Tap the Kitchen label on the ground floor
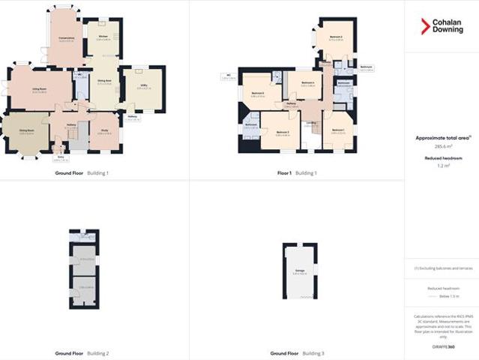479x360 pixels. pos(103,36)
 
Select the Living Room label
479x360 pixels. pos(40,88)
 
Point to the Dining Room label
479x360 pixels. pos(28,130)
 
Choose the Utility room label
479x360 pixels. pos(142,85)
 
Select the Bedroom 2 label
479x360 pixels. pos(335,37)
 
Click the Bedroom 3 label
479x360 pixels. pos(283,132)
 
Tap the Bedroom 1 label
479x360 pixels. pos(337,130)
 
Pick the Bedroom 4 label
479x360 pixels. pos(307,83)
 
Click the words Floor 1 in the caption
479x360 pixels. pos(284,173)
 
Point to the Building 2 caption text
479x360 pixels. pos(98,352)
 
